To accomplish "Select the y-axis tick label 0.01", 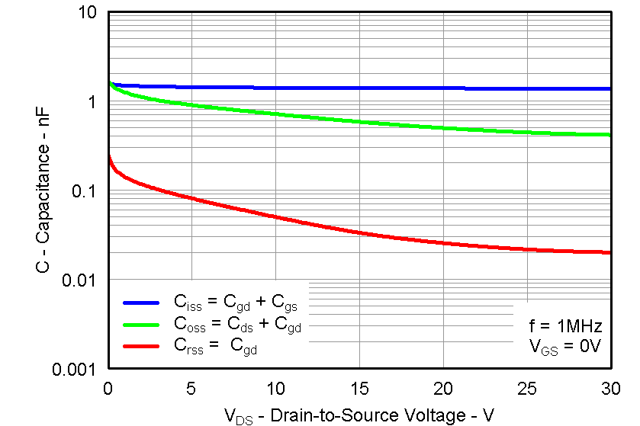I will [79, 280].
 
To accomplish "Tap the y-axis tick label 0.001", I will [75, 370].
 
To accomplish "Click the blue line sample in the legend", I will [140, 302].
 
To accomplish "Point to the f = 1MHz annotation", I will [566, 327].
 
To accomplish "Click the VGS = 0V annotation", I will [566, 347].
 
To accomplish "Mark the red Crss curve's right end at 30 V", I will [609, 252].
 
